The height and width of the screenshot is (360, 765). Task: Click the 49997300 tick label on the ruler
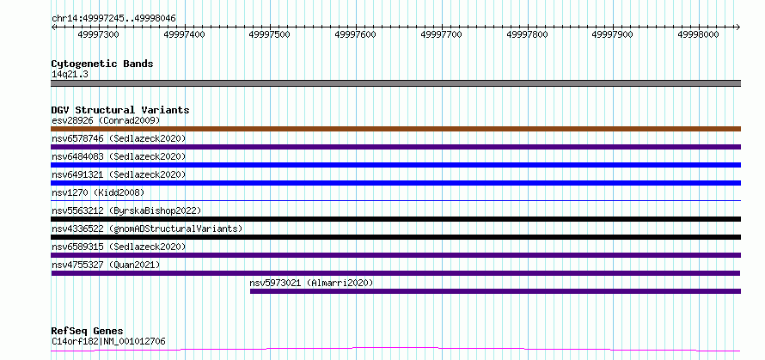point(98,34)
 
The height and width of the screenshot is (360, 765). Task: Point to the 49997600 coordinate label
point(356,34)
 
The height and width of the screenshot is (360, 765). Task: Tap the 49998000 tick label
point(699,34)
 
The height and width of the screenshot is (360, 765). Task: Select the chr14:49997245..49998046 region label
point(113,19)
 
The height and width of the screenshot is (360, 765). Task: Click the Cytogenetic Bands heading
point(102,64)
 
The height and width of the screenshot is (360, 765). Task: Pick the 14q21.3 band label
point(70,75)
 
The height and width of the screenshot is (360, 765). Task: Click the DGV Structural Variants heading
point(120,110)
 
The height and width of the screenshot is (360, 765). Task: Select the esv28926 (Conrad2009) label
point(106,120)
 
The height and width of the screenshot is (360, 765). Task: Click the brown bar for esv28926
point(395,129)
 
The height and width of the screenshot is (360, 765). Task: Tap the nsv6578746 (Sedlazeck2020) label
point(119,138)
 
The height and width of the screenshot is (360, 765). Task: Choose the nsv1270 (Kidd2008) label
point(98,192)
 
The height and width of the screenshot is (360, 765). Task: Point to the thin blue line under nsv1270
point(395,200)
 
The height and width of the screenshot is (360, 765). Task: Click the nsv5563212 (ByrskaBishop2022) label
point(126,211)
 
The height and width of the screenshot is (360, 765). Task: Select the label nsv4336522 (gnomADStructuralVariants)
point(147,229)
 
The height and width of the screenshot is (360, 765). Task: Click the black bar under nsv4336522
point(395,237)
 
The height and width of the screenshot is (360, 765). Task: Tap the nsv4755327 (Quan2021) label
point(106,265)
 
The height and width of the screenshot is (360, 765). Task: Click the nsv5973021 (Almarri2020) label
point(311,283)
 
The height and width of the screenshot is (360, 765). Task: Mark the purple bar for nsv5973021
point(495,291)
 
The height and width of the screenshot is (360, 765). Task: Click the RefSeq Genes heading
point(87,332)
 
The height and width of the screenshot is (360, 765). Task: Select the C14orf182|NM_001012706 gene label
point(108,341)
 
